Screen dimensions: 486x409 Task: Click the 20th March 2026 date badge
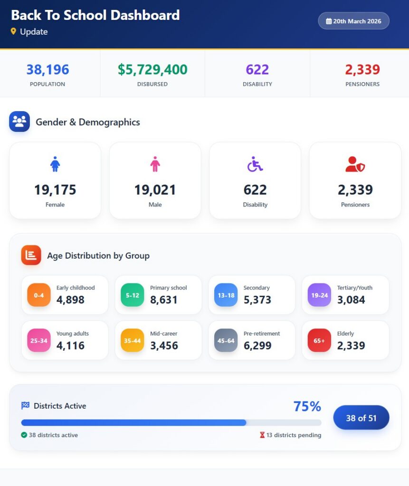(353, 21)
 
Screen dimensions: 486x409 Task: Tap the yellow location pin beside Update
(13, 31)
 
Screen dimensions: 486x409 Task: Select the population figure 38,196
(48, 70)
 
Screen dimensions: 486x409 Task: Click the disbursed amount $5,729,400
(152, 70)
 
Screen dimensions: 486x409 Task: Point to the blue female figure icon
(55, 165)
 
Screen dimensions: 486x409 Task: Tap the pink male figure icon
(155, 165)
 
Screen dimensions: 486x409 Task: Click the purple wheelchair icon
(255, 165)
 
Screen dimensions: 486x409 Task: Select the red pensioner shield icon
(355, 165)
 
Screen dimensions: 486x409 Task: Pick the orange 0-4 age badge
(39, 295)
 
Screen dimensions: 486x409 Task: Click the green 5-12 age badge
(133, 295)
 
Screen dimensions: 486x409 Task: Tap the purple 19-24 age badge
(319, 295)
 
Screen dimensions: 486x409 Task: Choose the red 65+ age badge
(319, 341)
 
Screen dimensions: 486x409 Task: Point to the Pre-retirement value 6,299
(257, 346)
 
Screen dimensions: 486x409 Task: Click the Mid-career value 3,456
(164, 346)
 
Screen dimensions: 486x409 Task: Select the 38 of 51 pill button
(361, 418)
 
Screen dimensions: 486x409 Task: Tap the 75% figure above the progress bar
(307, 407)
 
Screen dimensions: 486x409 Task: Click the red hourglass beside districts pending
(262, 435)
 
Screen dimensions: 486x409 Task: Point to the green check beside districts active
(24, 435)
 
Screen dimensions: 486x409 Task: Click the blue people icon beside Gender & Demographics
(19, 121)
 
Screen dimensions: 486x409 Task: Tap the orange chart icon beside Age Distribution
(31, 255)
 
